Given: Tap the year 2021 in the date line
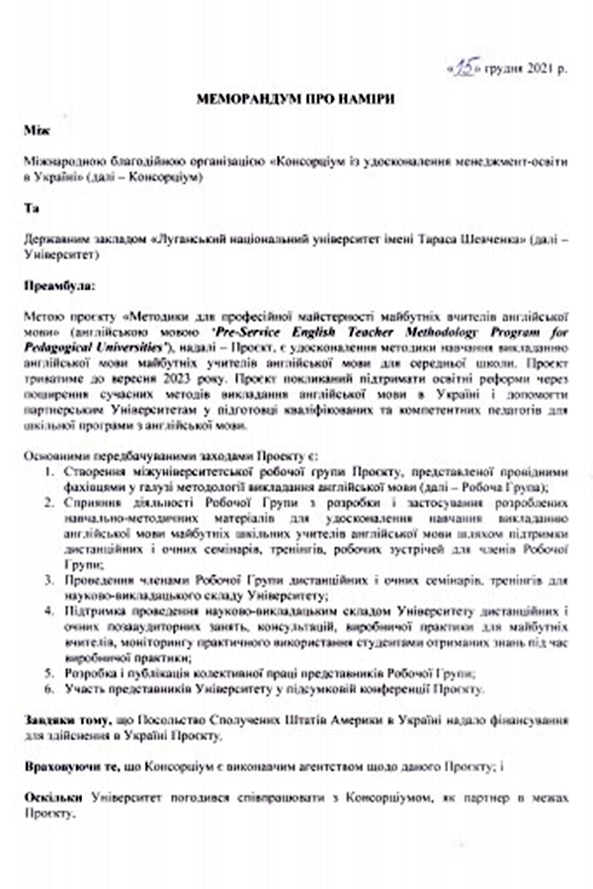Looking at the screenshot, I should tap(540, 69).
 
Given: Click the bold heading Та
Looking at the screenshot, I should tap(32, 209).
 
